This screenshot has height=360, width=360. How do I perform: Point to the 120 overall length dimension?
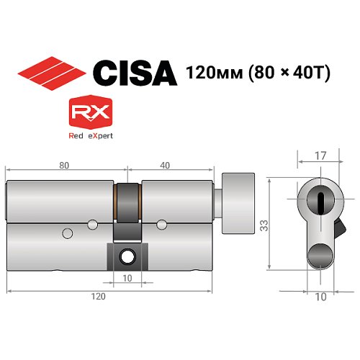(x=99, y=297)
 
